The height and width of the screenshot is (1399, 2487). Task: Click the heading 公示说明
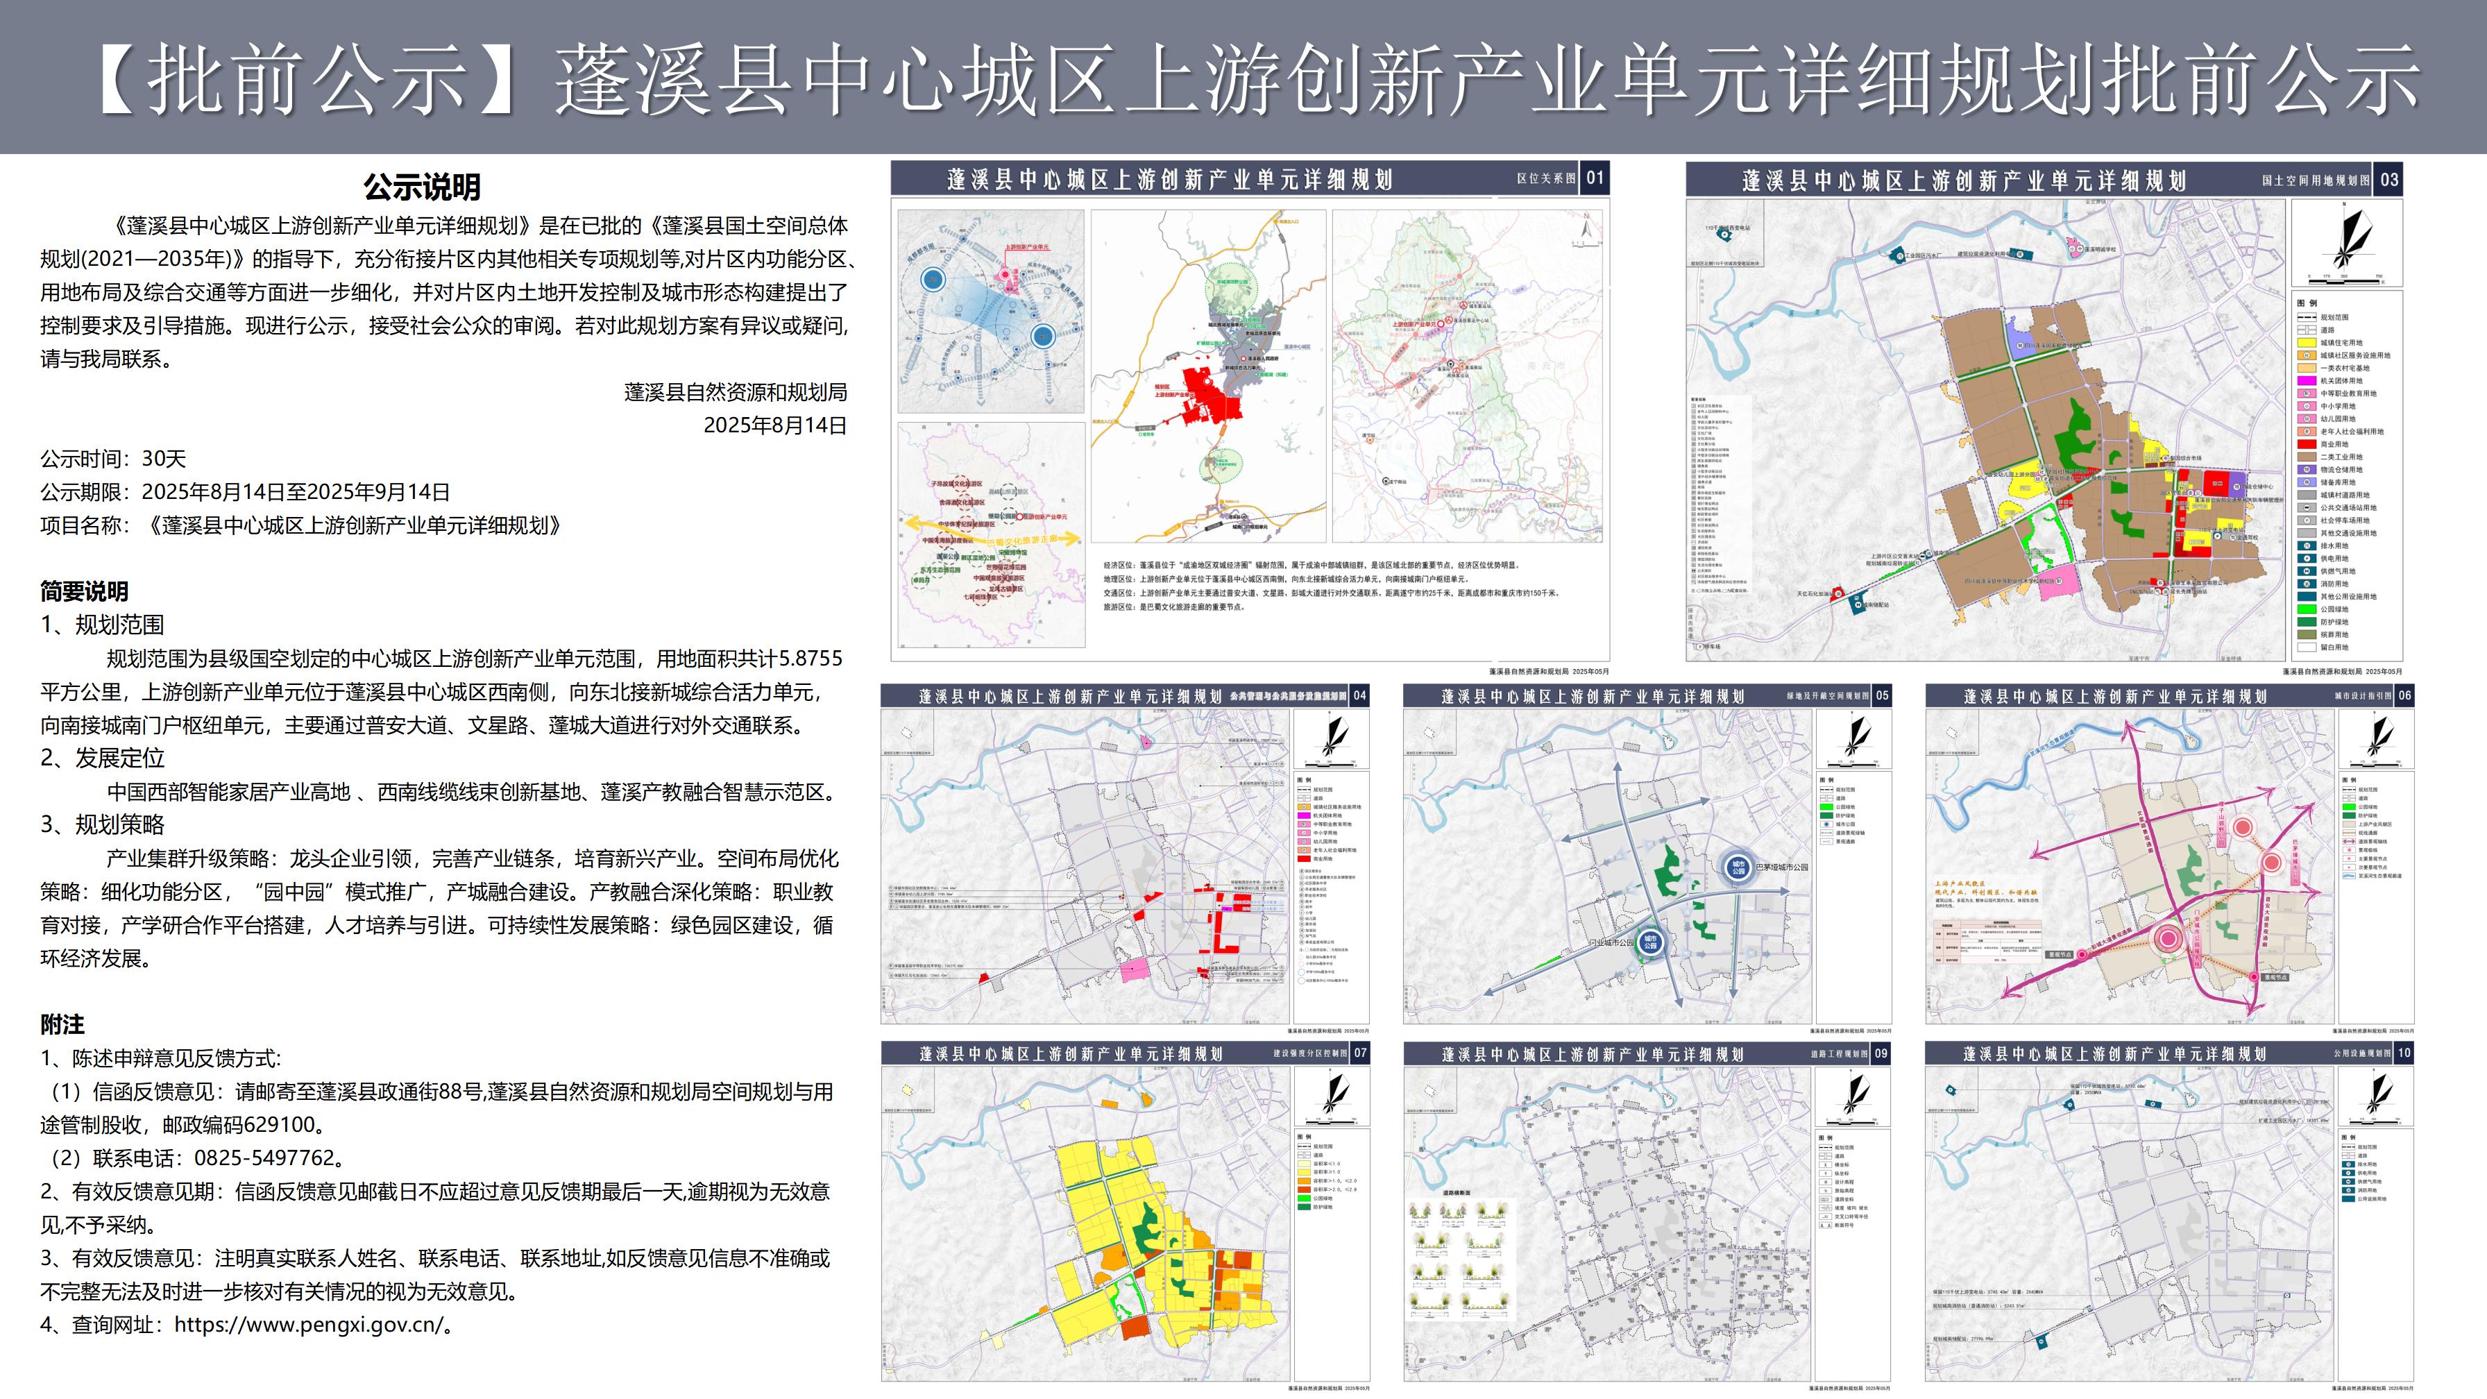click(422, 187)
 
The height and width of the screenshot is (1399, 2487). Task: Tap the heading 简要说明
click(84, 591)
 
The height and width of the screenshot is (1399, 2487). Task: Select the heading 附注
click(62, 1024)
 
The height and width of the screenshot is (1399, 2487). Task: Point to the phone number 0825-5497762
click(264, 1158)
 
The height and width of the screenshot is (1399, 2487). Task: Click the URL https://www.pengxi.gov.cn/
click(309, 1325)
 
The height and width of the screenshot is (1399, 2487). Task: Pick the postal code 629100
click(281, 1125)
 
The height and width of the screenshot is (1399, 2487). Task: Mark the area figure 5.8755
click(810, 659)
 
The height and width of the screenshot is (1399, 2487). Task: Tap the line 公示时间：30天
click(113, 459)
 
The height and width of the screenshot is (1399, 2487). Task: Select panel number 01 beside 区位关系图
click(1595, 178)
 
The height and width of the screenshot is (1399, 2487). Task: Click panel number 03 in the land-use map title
click(2388, 180)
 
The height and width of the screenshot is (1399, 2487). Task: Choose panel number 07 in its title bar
click(1359, 1053)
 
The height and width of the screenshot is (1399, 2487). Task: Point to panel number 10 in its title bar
click(2404, 1053)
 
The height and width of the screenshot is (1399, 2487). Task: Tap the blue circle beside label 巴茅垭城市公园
click(1738, 867)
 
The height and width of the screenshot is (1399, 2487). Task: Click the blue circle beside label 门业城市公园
click(1650, 942)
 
